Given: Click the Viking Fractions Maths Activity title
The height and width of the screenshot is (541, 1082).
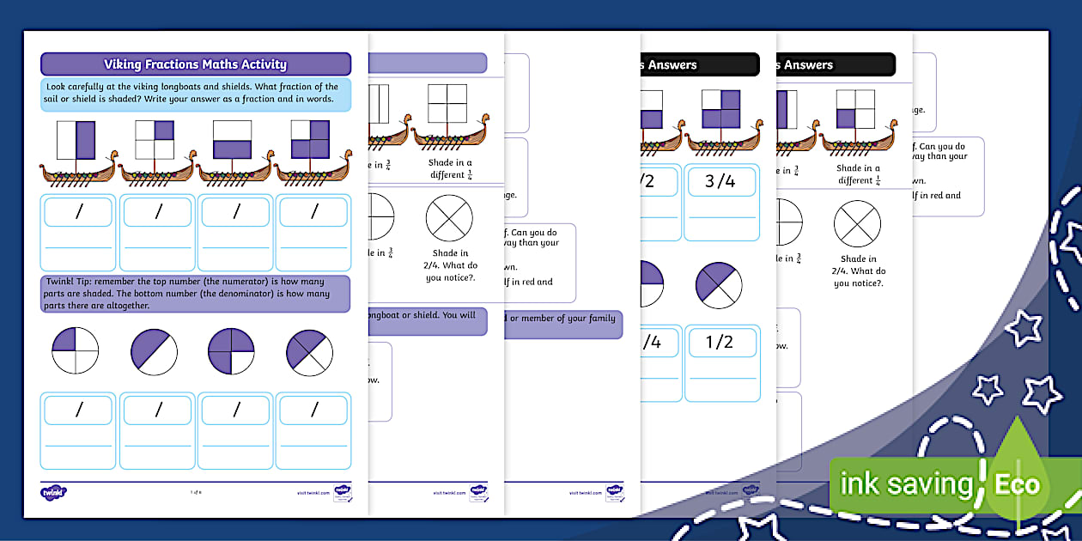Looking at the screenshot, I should (195, 64).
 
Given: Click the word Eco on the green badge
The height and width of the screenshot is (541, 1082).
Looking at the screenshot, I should (1016, 483).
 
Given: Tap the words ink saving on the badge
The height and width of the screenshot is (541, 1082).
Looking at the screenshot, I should (905, 484).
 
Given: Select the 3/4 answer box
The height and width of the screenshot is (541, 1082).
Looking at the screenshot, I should (720, 182).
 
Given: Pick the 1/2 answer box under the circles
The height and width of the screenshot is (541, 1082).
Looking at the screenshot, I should (720, 342).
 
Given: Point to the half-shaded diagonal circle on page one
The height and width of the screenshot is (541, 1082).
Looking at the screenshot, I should (154, 351).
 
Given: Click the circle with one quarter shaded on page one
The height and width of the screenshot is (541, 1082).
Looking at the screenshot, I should (76, 351).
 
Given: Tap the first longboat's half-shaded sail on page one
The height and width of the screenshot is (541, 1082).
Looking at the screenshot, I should (76, 140).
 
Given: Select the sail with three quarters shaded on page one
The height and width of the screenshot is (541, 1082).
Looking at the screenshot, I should (309, 140).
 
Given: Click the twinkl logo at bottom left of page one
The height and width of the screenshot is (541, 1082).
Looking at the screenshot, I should (54, 492).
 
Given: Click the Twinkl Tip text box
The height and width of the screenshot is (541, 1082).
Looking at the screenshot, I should (195, 294).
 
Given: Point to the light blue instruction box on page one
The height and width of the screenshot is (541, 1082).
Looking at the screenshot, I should (195, 93).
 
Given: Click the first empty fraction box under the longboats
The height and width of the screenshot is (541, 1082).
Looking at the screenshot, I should (78, 212).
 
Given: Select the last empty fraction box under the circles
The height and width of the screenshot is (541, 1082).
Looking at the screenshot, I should (314, 410).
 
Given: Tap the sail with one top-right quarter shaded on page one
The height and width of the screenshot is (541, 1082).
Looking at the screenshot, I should (155, 140).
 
